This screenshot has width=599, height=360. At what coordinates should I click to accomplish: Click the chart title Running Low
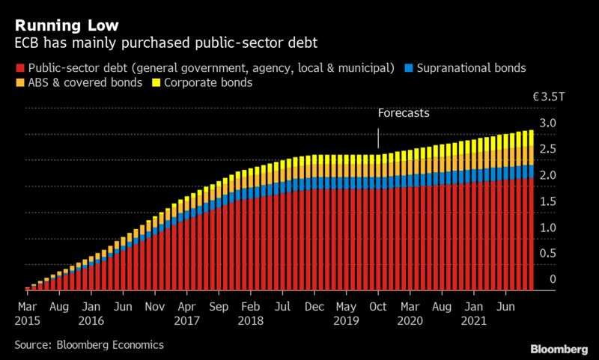(x=57, y=13)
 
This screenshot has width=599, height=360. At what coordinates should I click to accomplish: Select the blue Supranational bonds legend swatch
(x=410, y=68)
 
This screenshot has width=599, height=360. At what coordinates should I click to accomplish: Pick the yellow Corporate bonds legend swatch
(x=158, y=83)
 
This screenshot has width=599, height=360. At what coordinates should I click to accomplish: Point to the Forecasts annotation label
(x=404, y=115)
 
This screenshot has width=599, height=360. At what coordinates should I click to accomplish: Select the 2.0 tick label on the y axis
(x=549, y=175)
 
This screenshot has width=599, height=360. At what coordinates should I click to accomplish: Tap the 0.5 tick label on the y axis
(x=549, y=254)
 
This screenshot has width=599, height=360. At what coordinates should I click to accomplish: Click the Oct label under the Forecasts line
(x=378, y=307)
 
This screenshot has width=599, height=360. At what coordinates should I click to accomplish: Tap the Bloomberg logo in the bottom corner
(x=558, y=349)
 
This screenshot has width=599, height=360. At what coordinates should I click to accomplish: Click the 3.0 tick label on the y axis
(x=549, y=123)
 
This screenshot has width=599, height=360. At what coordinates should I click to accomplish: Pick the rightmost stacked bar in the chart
(x=530, y=210)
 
